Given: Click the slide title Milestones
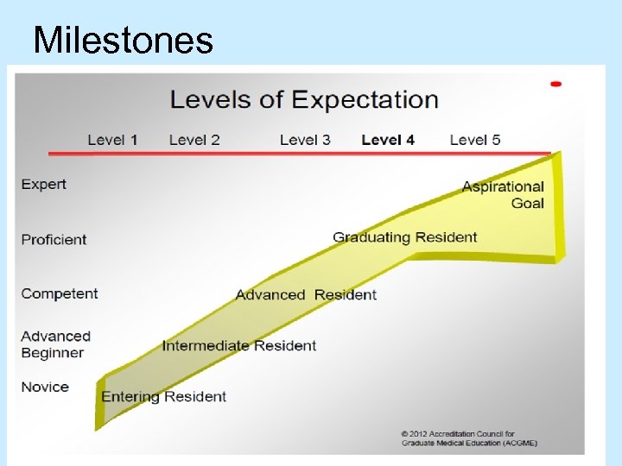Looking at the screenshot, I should point(122,40).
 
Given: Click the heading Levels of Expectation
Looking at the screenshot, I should point(304,99).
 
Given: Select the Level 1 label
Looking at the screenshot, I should point(112,139).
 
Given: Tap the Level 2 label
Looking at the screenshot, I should point(194,139).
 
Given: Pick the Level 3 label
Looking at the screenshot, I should point(305,139).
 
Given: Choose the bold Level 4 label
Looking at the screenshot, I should point(388,139).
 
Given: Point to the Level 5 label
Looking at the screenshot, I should point(475,139).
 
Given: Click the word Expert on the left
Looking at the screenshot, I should point(43,184).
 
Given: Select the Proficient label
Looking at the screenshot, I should point(54,239).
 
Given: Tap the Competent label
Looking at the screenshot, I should point(60,293).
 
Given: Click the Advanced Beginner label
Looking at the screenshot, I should point(55,344).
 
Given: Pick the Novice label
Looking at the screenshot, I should point(45,387).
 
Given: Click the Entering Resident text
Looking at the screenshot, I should point(163,397).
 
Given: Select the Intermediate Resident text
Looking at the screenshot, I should point(239,345).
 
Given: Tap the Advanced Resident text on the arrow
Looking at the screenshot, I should point(306,294).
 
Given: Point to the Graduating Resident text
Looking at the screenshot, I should point(404,237).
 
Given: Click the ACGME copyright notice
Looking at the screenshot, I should point(470,438).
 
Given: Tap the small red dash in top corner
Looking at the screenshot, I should point(555,84).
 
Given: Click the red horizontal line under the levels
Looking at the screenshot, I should point(298,154).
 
